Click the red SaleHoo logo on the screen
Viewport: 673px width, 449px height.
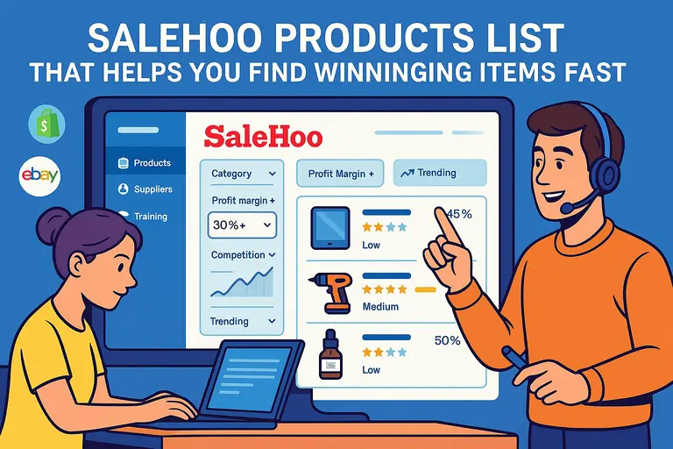(263, 136)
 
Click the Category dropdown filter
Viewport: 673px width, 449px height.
(243, 174)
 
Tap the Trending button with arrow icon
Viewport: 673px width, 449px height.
(438, 174)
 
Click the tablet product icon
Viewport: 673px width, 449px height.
(330, 226)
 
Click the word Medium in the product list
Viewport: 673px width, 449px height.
(380, 307)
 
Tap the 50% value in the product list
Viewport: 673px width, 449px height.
(447, 340)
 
